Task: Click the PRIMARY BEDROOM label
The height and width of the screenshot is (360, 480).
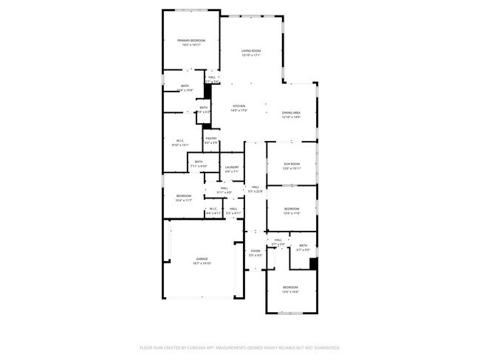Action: pyautogui.click(x=191, y=40)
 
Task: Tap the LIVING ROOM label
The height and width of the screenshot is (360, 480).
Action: pyautogui.click(x=251, y=51)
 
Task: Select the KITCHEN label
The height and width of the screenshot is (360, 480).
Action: pyautogui.click(x=239, y=106)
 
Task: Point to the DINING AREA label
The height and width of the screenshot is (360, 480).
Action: pyautogui.click(x=291, y=113)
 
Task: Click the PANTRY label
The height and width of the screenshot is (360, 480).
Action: pyautogui.click(x=211, y=138)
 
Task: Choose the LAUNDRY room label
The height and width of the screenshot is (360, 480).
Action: pyautogui.click(x=231, y=167)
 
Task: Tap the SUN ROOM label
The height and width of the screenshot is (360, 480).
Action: pyautogui.click(x=292, y=164)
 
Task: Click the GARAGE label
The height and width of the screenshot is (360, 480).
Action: pyautogui.click(x=202, y=259)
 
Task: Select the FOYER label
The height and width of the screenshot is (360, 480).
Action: pyautogui.click(x=256, y=252)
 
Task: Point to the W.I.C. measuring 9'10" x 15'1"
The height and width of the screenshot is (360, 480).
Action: pyautogui.click(x=180, y=141)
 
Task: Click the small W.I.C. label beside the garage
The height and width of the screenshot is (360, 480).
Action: pyautogui.click(x=213, y=209)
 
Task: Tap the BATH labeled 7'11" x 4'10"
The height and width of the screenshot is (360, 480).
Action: pyautogui.click(x=199, y=162)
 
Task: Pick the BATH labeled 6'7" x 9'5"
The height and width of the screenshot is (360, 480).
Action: pyautogui.click(x=303, y=246)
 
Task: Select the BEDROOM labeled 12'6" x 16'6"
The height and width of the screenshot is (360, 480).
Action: pyautogui.click(x=290, y=287)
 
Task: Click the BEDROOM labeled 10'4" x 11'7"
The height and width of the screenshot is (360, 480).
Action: pyautogui.click(x=184, y=195)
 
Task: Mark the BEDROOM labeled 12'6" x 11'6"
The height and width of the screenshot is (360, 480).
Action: pyautogui.click(x=292, y=209)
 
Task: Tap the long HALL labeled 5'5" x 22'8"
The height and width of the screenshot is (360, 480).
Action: pyautogui.click(x=255, y=187)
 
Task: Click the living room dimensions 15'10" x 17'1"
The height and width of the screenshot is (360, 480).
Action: pyautogui.click(x=251, y=55)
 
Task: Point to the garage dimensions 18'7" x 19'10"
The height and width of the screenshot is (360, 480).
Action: pyautogui.click(x=202, y=263)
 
